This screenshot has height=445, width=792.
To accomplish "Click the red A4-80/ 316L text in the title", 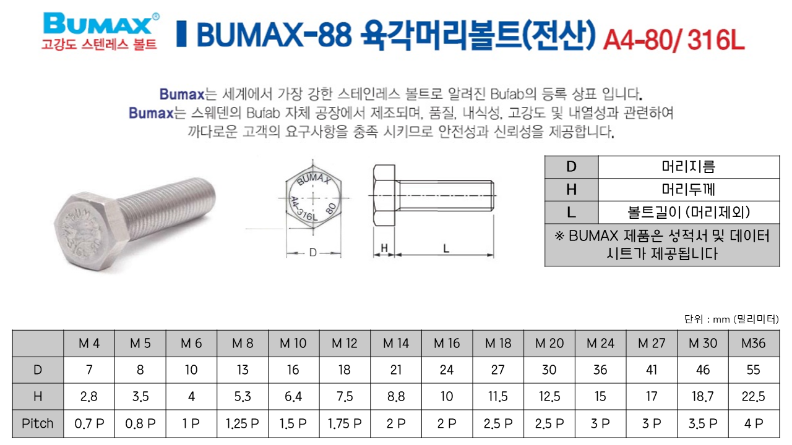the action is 674,40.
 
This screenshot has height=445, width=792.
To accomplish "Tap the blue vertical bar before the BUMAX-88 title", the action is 181,34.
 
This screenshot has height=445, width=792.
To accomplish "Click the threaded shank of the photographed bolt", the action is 167,208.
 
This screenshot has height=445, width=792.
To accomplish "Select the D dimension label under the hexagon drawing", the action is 313,253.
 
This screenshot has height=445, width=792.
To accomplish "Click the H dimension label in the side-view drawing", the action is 384,248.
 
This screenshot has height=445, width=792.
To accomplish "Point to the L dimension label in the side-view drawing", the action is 446,248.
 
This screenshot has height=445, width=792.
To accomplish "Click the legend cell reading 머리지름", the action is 689,167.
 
